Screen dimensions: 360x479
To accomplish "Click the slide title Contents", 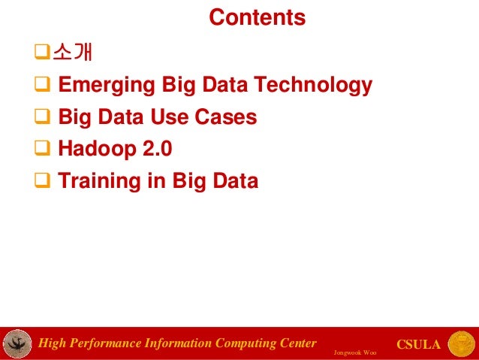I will pyautogui.click(x=257, y=17).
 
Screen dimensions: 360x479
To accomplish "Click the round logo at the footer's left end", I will pyautogui.click(x=17, y=344).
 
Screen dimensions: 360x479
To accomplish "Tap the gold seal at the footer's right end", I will pyautogui.click(x=461, y=343).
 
